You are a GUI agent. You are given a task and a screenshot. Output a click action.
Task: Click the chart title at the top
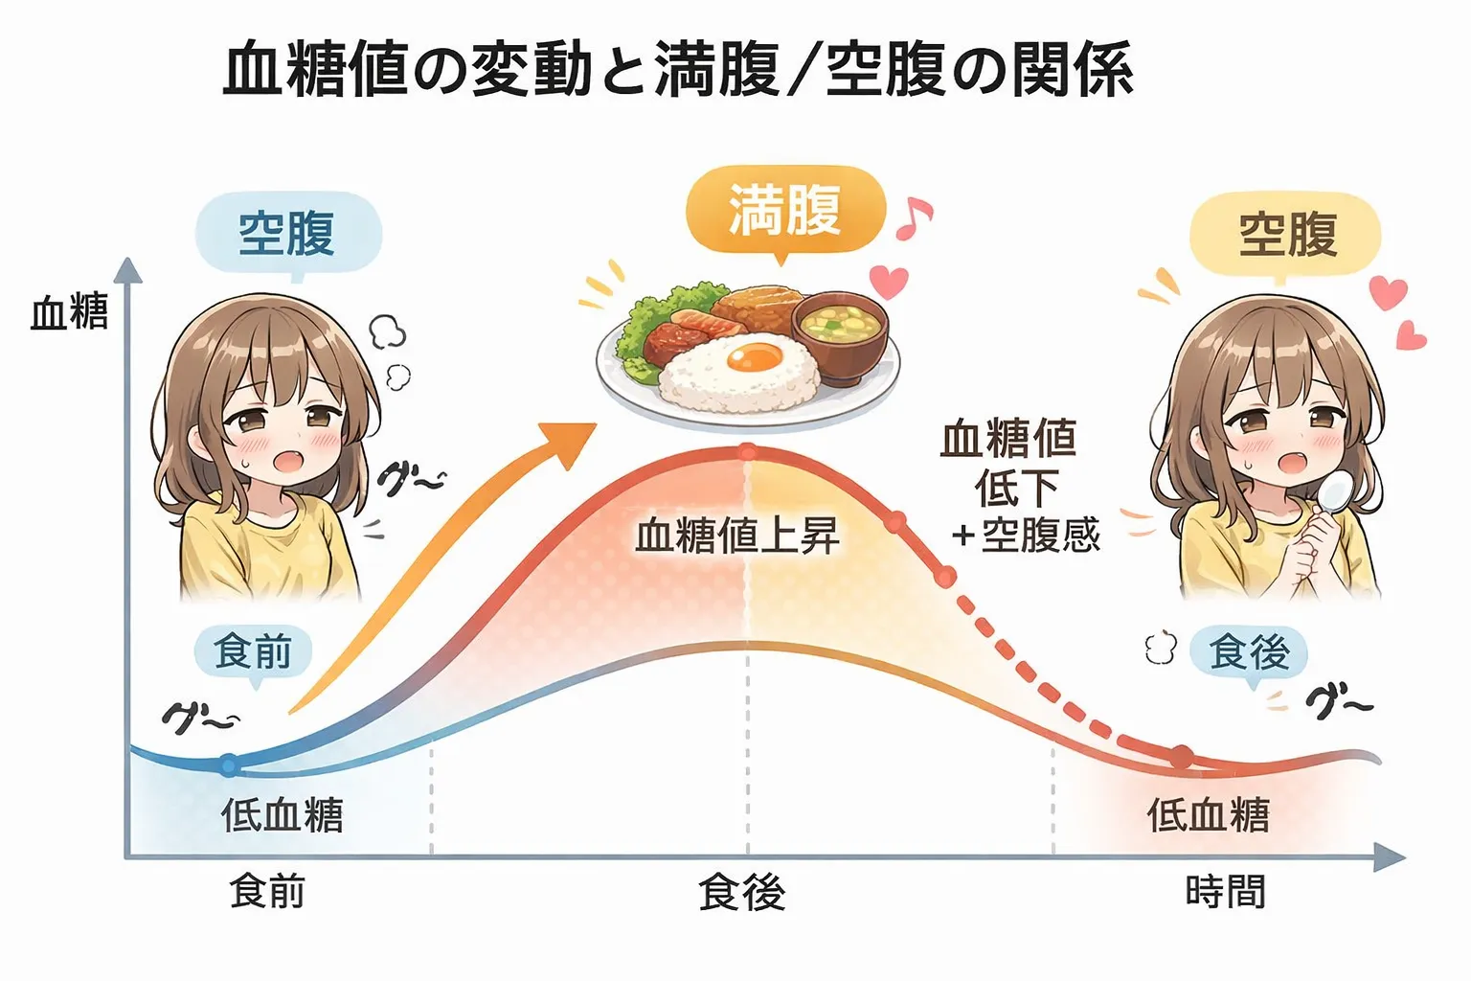pos(677,69)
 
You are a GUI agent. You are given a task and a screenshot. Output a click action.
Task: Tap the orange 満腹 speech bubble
pos(784,210)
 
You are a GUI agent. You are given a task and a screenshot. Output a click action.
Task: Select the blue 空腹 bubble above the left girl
pos(287,233)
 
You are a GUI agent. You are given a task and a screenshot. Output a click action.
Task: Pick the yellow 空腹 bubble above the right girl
pos(1285,233)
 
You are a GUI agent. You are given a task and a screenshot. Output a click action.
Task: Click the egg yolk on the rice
pos(753,357)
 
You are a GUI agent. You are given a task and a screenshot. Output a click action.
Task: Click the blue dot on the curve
pos(228,764)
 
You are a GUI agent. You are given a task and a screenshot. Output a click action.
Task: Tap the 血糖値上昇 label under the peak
pos(737,535)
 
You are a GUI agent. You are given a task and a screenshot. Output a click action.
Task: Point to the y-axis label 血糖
pos(69,312)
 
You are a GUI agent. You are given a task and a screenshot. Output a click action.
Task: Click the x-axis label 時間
pos(1225,892)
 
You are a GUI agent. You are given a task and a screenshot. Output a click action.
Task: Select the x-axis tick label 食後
pos(742,892)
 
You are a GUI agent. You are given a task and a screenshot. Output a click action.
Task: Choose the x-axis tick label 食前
pos(267,892)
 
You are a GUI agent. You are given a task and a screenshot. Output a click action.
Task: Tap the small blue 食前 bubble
pos(253,652)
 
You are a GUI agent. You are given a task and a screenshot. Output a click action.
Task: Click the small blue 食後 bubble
pos(1248,652)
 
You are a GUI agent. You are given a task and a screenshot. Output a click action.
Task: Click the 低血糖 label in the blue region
pos(282,815)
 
